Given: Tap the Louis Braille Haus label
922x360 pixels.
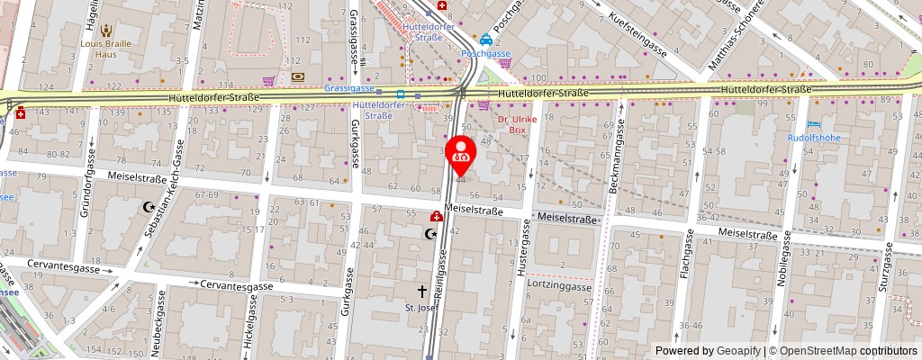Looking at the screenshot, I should click(x=106, y=48).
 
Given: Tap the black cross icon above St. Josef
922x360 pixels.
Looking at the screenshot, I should click(x=422, y=291).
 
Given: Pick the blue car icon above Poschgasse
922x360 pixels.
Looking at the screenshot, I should click(x=486, y=40).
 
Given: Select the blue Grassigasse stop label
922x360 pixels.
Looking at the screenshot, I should click(x=349, y=91).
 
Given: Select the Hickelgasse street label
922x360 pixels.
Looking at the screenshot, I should click(x=249, y=328).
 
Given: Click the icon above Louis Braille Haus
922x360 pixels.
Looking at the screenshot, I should click(x=107, y=30).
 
